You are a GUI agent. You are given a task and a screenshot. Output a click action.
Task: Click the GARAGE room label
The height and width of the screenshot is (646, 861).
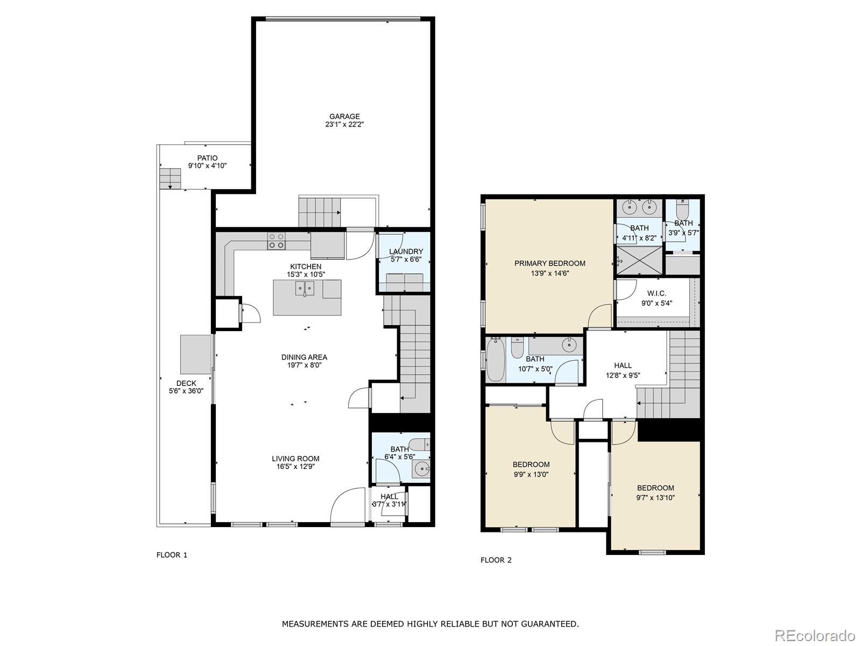344,116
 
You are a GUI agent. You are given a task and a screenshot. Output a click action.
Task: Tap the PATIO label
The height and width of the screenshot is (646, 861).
207,158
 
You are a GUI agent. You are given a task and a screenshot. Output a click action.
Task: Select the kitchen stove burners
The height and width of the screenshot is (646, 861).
276,241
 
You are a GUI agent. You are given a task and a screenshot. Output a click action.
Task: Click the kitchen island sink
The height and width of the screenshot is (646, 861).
305,289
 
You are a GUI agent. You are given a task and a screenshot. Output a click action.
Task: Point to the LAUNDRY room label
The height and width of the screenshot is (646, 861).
406,251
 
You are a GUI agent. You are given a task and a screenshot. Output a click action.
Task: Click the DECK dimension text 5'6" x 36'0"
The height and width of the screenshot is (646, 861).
186,391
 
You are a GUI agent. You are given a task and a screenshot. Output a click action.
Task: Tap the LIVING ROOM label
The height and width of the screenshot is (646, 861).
295,459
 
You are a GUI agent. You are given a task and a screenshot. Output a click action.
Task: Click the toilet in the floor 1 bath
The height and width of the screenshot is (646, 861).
419,444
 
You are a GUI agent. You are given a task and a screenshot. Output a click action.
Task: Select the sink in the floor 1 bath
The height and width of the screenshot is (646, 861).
421,468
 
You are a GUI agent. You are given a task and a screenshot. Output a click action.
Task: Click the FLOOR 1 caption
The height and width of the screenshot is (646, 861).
172,555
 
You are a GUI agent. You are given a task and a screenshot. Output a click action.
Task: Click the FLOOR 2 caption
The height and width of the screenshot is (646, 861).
496,560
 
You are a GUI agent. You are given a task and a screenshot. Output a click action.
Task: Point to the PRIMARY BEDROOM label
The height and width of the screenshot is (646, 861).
550,264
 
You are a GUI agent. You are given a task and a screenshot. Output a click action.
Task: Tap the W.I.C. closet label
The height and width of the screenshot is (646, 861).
657,293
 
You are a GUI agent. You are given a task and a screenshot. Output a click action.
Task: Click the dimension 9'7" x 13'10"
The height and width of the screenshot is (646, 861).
655,498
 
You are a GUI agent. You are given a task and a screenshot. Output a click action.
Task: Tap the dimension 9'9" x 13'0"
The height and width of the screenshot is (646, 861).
531,474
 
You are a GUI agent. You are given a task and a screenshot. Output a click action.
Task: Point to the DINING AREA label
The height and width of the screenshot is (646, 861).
304,357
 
